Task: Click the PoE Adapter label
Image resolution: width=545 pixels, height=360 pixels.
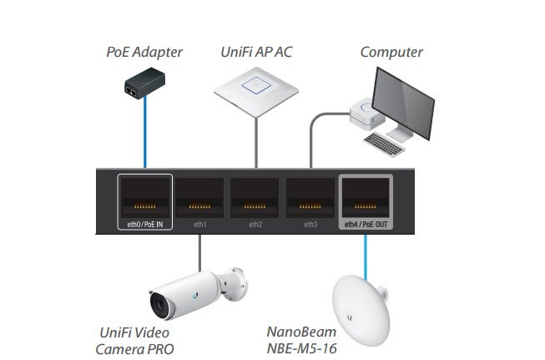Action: (x=144, y=53)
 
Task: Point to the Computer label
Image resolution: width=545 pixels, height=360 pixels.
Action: (x=391, y=53)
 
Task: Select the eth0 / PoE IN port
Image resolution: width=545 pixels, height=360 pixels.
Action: (x=145, y=200)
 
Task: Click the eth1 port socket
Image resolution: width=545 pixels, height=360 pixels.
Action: (x=200, y=200)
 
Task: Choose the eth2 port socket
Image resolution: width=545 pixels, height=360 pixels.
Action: (x=255, y=200)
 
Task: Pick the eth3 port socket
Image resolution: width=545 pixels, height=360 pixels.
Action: (x=310, y=200)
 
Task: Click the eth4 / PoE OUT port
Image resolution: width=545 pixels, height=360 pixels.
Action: (x=366, y=200)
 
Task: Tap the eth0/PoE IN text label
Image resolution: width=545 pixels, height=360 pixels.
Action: (x=145, y=225)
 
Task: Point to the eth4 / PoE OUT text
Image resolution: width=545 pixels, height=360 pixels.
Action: (x=366, y=225)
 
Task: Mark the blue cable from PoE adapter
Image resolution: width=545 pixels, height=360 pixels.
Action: (x=146, y=134)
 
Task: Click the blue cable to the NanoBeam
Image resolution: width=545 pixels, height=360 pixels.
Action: (x=365, y=251)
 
